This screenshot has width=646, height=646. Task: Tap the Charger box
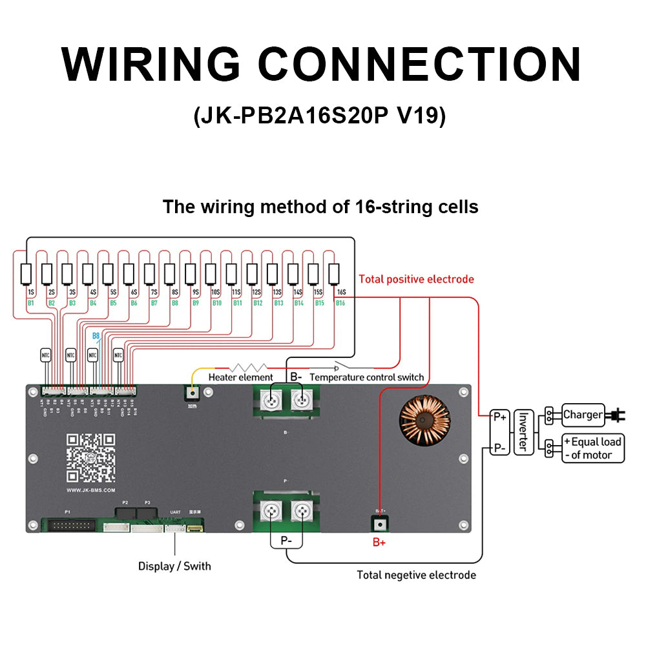coord(583,415)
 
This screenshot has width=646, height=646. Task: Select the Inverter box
coord(524,431)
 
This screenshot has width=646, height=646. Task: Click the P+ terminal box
coord(499,417)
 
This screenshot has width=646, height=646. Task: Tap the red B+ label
coord(379,543)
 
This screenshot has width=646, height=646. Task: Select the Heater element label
coord(240,377)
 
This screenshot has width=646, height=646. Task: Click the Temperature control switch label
coord(367,377)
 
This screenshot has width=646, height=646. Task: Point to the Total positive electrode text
coord(416,279)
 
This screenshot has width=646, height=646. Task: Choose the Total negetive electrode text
coord(416,574)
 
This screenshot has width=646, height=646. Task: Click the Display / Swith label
coord(174,566)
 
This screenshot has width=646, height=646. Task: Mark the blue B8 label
coord(96,336)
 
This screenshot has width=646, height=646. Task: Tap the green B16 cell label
coord(340,302)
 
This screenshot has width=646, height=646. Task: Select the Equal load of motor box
coord(593,448)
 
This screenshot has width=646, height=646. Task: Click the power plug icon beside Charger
coord(616,415)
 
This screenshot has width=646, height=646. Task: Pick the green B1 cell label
coord(30,302)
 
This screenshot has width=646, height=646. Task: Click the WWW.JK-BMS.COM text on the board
coord(91,490)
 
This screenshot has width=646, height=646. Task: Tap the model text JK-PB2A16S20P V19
coord(319,116)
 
